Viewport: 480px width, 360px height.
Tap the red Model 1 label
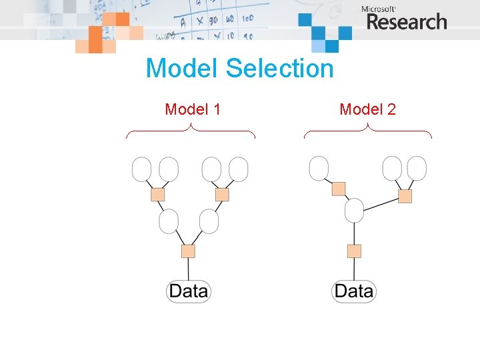click(193, 109)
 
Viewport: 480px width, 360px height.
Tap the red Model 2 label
click(367, 109)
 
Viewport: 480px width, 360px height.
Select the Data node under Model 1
click(189, 291)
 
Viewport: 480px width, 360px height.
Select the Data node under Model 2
click(354, 291)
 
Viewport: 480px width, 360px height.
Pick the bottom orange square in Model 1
click(189, 251)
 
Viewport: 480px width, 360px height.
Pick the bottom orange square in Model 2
click(354, 251)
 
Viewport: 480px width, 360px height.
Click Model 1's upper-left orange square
click(158, 195)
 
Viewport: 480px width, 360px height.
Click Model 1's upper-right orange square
click(222, 195)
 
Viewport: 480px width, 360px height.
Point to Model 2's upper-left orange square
click(339, 189)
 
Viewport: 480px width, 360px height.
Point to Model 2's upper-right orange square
click(405, 196)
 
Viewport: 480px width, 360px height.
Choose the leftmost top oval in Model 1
click(142, 169)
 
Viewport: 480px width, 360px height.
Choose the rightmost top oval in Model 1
click(238, 169)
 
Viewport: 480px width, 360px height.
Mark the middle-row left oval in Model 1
click(169, 221)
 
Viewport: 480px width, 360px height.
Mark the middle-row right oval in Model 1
click(209, 221)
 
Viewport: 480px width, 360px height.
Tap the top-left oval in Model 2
click(319, 168)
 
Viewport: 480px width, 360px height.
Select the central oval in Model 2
click(354, 211)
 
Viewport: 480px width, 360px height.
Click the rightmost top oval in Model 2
click(417, 168)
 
